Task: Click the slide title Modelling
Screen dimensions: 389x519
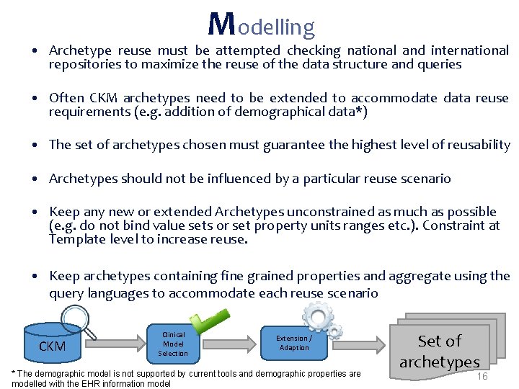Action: (x=261, y=25)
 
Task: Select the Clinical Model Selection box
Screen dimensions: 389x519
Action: (x=173, y=344)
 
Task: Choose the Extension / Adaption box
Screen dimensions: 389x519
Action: (x=294, y=343)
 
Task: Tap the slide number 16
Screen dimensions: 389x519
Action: (x=482, y=377)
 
